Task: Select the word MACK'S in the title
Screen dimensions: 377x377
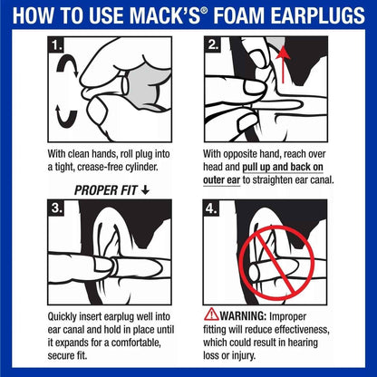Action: pos(175,15)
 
